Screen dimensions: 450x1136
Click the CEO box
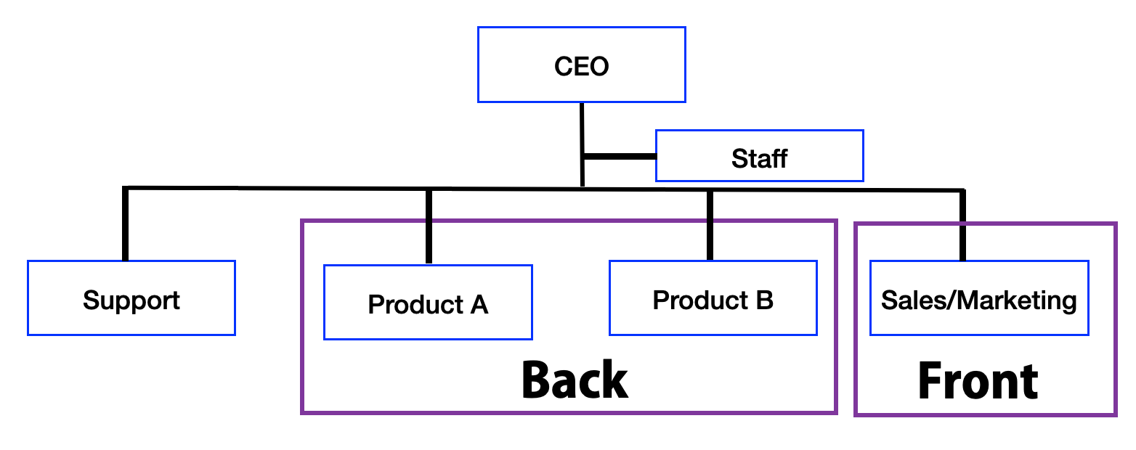(581, 65)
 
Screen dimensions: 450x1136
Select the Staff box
(759, 155)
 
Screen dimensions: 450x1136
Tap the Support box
(131, 298)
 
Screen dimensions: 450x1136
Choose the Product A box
(428, 302)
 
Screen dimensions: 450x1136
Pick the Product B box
(713, 298)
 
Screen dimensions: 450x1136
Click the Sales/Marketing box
(978, 298)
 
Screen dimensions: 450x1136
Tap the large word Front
(978, 381)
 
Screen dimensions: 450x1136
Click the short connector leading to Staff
(619, 156)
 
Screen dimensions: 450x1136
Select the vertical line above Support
(126, 224)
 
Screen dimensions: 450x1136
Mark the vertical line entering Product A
(429, 226)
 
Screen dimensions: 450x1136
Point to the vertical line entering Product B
(710, 225)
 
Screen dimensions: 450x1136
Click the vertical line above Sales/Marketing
(962, 225)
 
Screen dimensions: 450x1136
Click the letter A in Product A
(479, 304)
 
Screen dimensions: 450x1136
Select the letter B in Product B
(764, 300)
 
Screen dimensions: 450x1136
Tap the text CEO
(581, 66)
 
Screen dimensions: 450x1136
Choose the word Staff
(759, 158)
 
